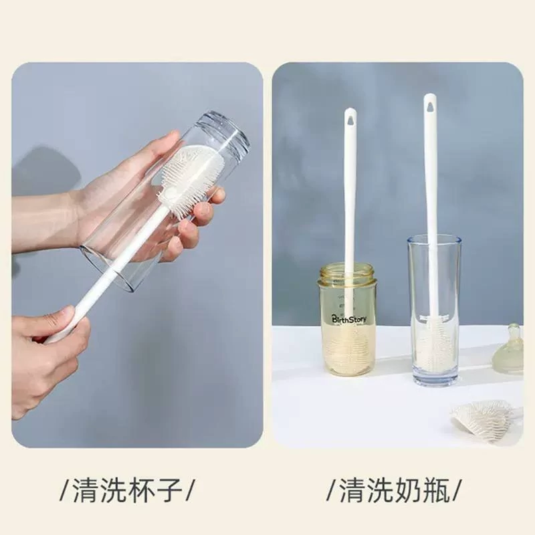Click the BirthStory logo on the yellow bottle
point(349,320)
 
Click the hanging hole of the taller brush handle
point(429,105)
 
